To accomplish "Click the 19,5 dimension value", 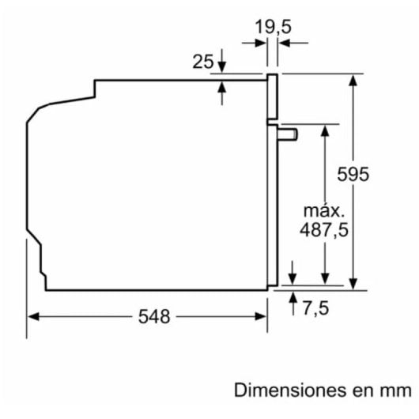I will [273, 26].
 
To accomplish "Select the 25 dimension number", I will [202, 61].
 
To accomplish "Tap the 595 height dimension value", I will [352, 174].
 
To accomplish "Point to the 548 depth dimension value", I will [153, 317].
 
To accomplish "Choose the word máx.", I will [324, 211].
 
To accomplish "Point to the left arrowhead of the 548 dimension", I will [33, 317].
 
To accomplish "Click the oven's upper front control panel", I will [274, 99].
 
